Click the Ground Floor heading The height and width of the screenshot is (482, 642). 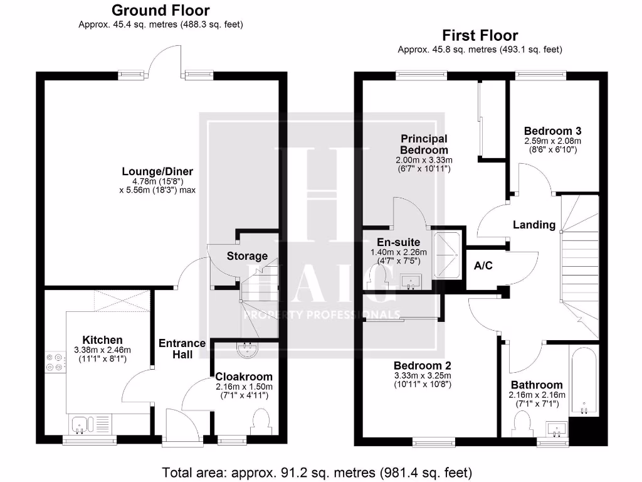pyautogui.click(x=160, y=11)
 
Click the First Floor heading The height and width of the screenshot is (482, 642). pyautogui.click(x=480, y=35)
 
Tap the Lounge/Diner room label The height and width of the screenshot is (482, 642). pyautogui.click(x=157, y=171)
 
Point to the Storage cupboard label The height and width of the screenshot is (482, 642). pyautogui.click(x=247, y=256)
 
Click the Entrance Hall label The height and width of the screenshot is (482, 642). pyautogui.click(x=182, y=348)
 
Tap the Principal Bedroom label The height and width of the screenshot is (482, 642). pyautogui.click(x=424, y=144)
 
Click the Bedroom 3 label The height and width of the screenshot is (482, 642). pyautogui.click(x=552, y=131)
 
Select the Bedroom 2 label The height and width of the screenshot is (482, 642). pyautogui.click(x=423, y=365)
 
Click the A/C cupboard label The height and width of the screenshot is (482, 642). pyautogui.click(x=483, y=265)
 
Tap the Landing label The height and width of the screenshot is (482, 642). pyautogui.click(x=534, y=225)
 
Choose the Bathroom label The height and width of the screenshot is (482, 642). pyautogui.click(x=536, y=385)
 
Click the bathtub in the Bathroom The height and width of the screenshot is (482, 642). pyautogui.click(x=584, y=383)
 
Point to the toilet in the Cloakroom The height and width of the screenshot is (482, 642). pyautogui.click(x=260, y=421)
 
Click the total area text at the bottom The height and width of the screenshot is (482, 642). pyautogui.click(x=317, y=472)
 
